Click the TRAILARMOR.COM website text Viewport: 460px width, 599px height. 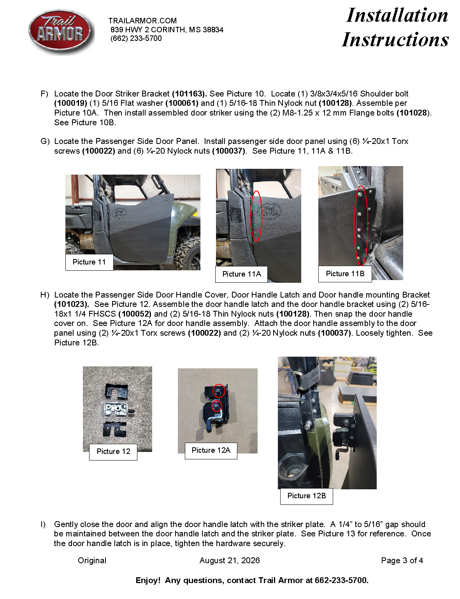pos(142,21)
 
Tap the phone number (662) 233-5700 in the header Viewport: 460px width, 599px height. pos(136,39)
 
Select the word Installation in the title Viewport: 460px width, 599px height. pos(397,15)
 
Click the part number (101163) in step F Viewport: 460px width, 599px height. pos(189,94)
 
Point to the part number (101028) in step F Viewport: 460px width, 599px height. pos(413,113)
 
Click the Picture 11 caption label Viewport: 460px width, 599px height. pos(89,262)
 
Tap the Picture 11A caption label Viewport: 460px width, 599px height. pos(241,274)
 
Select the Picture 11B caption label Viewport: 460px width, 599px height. pos(345,273)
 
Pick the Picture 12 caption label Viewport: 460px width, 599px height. pos(113,451)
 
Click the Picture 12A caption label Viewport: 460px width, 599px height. pos(211,450)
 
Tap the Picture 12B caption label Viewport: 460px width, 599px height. pos(306,496)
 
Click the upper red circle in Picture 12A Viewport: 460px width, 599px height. pos(219,391)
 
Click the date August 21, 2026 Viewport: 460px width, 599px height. pos(230,560)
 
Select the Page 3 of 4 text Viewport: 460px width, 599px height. pos(402,560)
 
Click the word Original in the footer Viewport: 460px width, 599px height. pos(92,560)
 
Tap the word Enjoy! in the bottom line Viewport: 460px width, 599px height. pos(148,580)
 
